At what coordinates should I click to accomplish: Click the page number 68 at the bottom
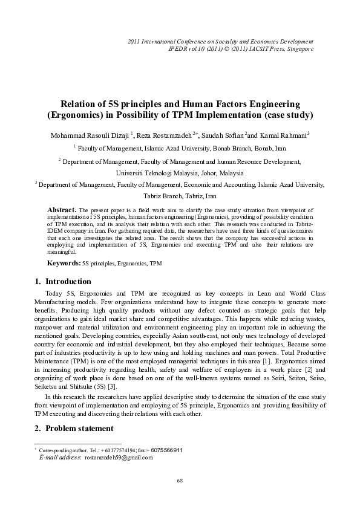click(179, 480)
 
